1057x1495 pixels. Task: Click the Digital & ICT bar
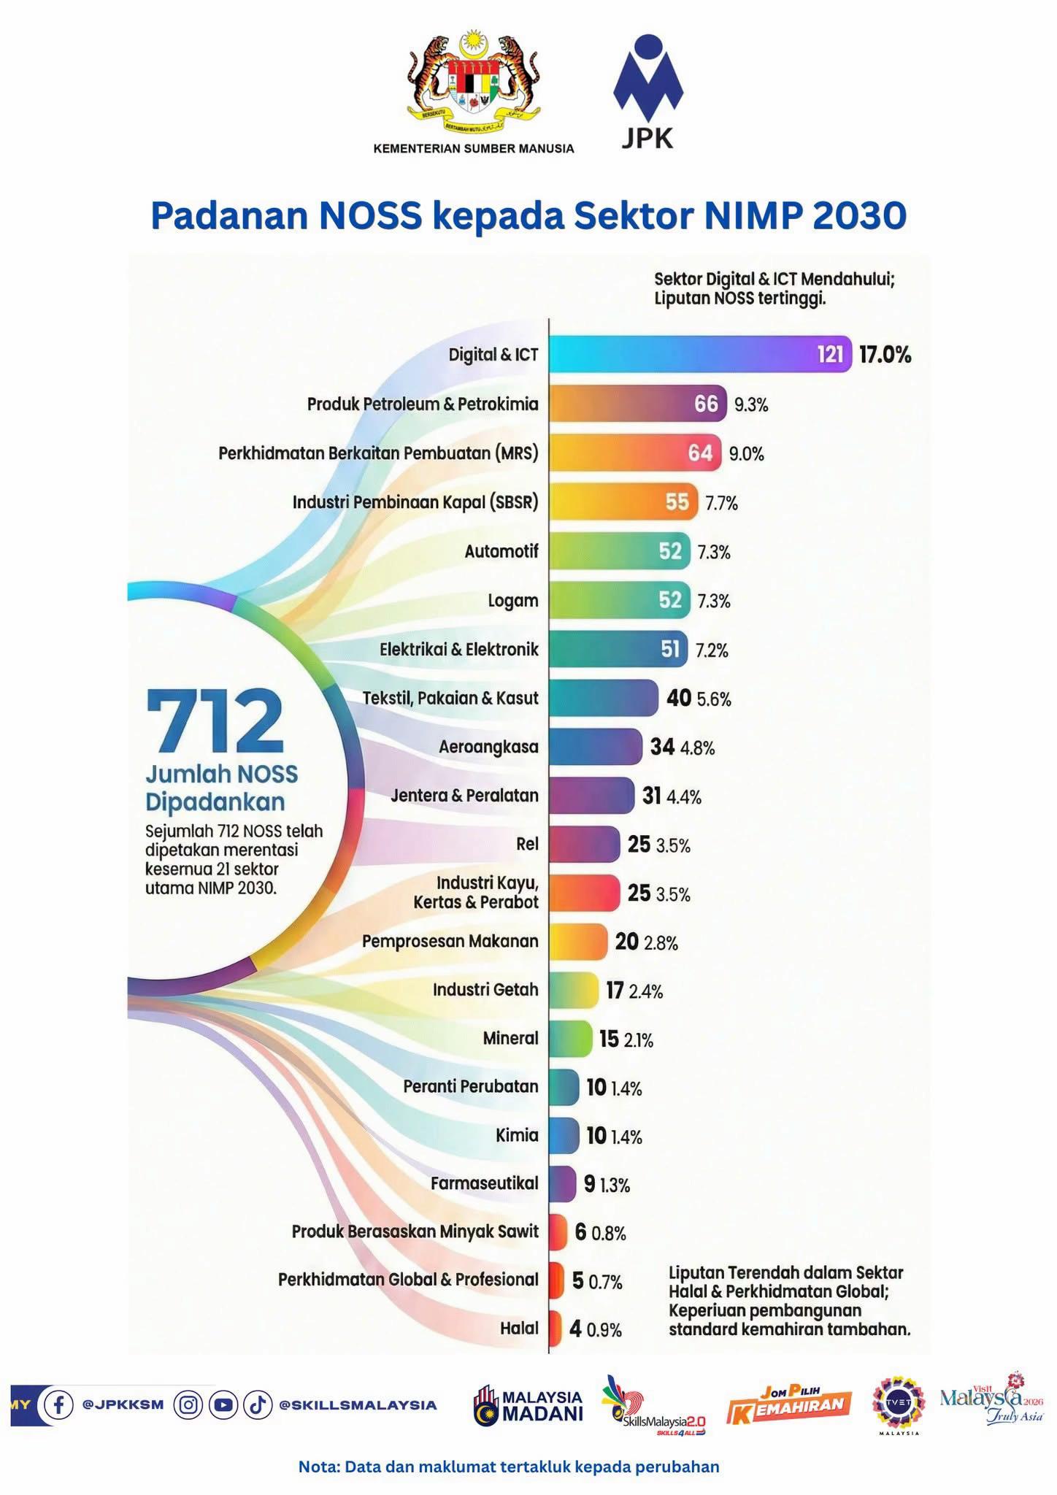click(x=701, y=354)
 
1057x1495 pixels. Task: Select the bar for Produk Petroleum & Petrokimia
click(x=638, y=403)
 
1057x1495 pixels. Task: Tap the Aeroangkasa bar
click(x=596, y=747)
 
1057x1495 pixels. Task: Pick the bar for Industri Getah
click(x=574, y=990)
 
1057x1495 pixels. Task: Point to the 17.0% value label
click(x=885, y=356)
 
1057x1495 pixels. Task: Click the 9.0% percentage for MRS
click(x=747, y=454)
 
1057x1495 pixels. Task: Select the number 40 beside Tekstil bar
click(x=679, y=698)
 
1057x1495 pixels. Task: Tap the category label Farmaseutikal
click(x=485, y=1183)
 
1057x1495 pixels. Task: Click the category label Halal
click(x=519, y=1328)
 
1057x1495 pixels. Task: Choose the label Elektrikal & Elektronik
click(x=459, y=649)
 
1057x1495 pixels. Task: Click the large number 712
click(x=215, y=720)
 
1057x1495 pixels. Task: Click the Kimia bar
click(x=564, y=1135)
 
